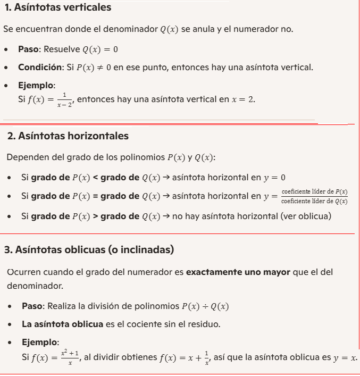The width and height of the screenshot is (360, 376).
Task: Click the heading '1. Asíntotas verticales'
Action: [x=58, y=7]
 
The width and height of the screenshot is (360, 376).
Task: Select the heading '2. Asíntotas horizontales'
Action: [x=68, y=136]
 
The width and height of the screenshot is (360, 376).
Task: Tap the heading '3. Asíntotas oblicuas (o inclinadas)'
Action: [x=89, y=249]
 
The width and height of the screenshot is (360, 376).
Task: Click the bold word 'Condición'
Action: [x=40, y=68]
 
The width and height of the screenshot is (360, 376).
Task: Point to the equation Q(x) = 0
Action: [x=100, y=49]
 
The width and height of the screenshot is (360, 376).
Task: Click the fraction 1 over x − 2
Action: [x=64, y=99]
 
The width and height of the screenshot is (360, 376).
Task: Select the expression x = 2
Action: [x=243, y=99]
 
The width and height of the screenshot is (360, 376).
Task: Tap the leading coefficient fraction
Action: [x=314, y=196]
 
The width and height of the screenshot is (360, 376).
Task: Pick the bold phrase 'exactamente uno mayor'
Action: [x=238, y=272]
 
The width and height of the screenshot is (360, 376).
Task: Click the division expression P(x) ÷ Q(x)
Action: [x=205, y=306]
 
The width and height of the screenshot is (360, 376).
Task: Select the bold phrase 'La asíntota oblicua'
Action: [x=62, y=324]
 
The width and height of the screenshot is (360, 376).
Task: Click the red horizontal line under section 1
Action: [x=160, y=123]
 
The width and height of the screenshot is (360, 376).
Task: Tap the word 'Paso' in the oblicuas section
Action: [x=33, y=306]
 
